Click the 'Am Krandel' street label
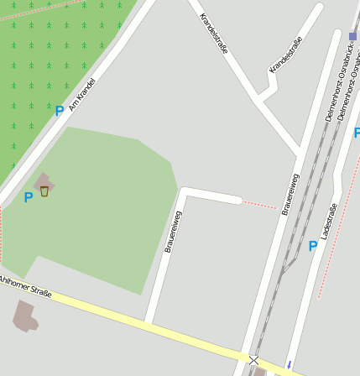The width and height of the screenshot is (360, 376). click(82, 95)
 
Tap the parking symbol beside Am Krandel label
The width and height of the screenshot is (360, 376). click(59, 111)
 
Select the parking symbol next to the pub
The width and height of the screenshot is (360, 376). click(28, 197)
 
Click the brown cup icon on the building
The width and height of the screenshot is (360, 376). click(44, 191)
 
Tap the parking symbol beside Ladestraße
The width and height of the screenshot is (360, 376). click(313, 246)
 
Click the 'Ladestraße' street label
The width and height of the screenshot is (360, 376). click(328, 222)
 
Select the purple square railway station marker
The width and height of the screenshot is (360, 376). click(352, 36)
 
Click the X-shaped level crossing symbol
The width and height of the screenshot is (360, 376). click(253, 360)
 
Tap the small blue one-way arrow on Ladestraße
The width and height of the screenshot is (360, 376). click(290, 364)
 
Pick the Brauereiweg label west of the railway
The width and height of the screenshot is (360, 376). click(290, 195)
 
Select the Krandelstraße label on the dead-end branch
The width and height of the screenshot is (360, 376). click(285, 55)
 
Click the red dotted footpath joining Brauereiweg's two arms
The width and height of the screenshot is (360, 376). click(259, 204)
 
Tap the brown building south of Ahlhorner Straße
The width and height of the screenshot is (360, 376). click(24, 316)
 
